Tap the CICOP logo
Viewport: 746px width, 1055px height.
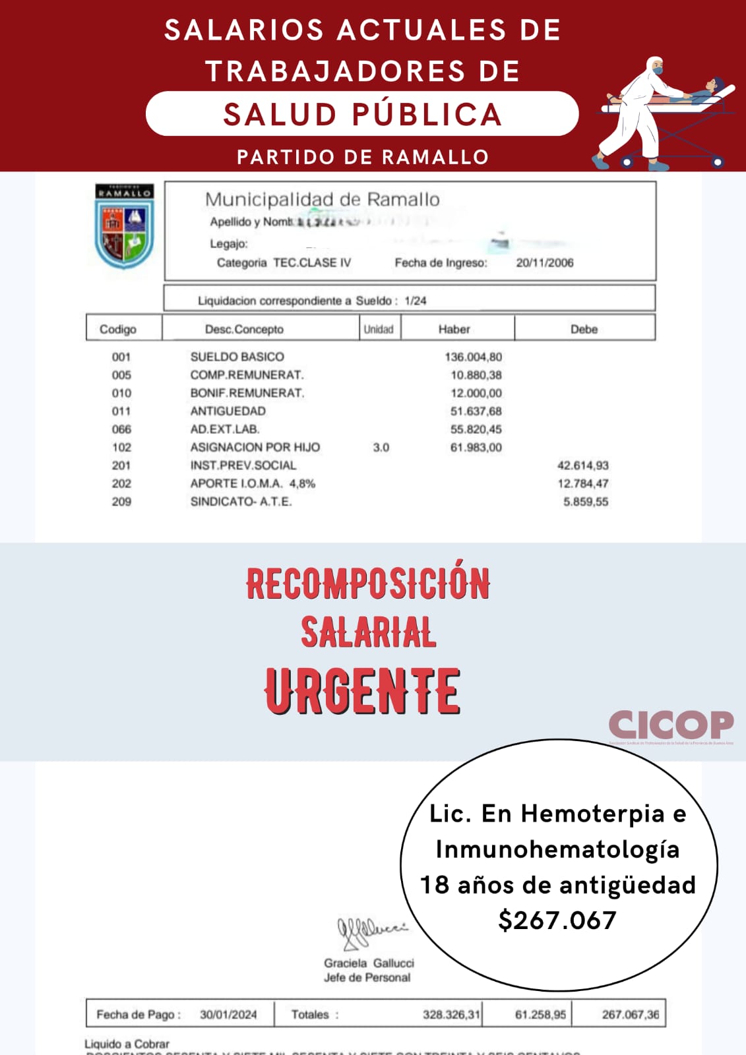(670, 725)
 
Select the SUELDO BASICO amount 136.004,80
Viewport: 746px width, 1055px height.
(473, 357)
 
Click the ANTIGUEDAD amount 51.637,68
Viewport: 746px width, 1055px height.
(476, 411)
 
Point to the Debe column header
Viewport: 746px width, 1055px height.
(584, 329)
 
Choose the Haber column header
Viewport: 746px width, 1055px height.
(454, 329)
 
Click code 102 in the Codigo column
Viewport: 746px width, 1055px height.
(121, 447)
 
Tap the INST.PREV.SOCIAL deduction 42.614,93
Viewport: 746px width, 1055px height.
(582, 466)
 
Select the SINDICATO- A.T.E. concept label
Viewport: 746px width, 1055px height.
(241, 502)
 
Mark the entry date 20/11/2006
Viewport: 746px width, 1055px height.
(544, 262)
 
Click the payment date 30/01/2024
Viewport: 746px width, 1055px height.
(228, 1015)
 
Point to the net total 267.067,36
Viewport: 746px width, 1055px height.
(630, 1015)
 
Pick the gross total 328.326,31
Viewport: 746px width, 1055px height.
(451, 1015)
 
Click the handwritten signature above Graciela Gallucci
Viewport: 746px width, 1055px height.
(371, 931)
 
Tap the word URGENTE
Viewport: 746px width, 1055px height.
(362, 691)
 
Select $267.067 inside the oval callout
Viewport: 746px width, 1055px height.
(557, 920)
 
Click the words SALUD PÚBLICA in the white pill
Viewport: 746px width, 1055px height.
(362, 114)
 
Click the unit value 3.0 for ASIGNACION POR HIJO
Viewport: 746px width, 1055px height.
(381, 447)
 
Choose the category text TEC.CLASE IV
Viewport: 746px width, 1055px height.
(312, 262)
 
